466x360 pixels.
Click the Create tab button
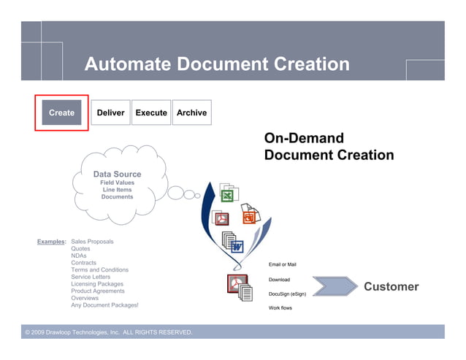pos(61,112)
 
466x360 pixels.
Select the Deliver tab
pos(110,112)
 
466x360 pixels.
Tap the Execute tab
pos(151,112)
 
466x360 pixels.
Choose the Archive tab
pos(191,112)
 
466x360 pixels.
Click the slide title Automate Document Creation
pos(217,64)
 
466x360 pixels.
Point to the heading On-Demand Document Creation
pos(328,147)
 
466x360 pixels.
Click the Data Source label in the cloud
pos(117,174)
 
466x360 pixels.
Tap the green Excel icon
pos(227,196)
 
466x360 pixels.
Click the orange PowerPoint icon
pos(249,217)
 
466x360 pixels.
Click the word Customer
pos(391,286)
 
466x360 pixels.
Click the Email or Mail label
pos(283,264)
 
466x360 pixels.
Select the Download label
pos(279,280)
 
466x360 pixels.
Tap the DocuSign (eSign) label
pos(287,294)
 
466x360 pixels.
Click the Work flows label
pos(281,308)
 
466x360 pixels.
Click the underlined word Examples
pos(51,241)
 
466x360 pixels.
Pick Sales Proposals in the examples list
pos(92,241)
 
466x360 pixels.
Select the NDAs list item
pos(79,256)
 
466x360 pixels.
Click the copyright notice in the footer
pos(109,332)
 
